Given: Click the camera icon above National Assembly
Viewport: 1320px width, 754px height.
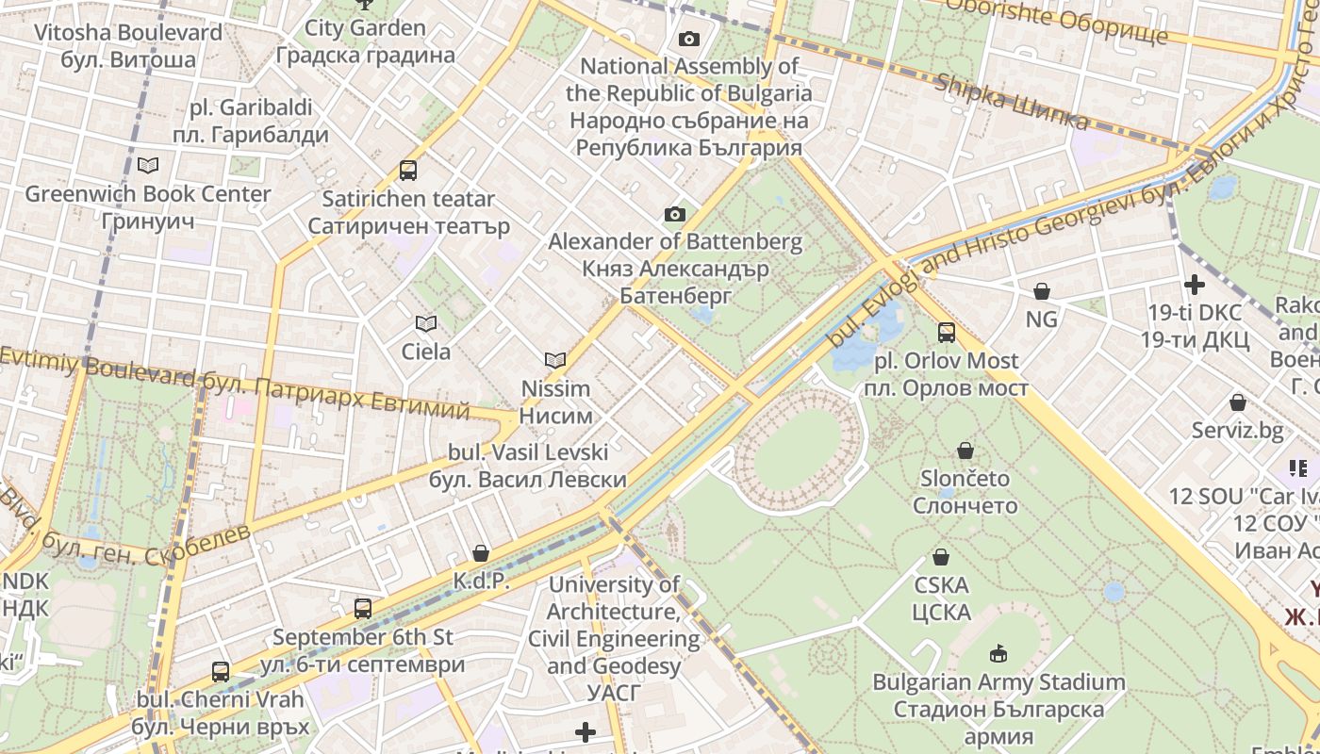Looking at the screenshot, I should pyautogui.click(x=689, y=39).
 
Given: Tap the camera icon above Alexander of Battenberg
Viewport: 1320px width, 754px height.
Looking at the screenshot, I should pyautogui.click(x=675, y=214).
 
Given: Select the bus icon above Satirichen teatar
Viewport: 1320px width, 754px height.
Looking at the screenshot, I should pyautogui.click(x=408, y=171).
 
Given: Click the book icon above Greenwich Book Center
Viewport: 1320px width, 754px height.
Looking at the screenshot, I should pyautogui.click(x=148, y=165).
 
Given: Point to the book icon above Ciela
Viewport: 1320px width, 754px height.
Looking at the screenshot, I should pyautogui.click(x=426, y=324).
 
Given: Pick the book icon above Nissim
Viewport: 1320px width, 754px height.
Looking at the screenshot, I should pyautogui.click(x=556, y=360).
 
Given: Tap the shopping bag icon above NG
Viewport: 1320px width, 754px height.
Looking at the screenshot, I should pyautogui.click(x=1042, y=291).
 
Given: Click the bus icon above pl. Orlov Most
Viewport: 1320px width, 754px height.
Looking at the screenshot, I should pyautogui.click(x=947, y=333).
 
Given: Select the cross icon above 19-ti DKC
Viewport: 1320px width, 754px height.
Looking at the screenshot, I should pyautogui.click(x=1195, y=284).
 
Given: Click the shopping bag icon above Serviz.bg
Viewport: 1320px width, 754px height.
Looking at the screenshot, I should pyautogui.click(x=1238, y=402).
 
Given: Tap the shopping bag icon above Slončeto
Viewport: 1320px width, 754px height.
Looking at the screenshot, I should pyautogui.click(x=965, y=451).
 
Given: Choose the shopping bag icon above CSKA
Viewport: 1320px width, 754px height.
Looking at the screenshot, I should pyautogui.click(x=941, y=557).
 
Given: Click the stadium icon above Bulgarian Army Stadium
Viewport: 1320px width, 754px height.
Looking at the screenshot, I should pyautogui.click(x=998, y=653).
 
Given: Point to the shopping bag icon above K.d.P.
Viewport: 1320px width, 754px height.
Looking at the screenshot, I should pyautogui.click(x=481, y=552).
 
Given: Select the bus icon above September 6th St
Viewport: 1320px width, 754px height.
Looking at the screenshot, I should pyautogui.click(x=363, y=609).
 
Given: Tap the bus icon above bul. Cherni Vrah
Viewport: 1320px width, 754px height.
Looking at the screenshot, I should pyautogui.click(x=221, y=672).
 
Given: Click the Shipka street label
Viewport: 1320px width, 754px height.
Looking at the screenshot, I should pyautogui.click(x=1011, y=102).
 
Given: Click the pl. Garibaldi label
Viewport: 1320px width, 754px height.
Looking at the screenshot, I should pyautogui.click(x=251, y=121).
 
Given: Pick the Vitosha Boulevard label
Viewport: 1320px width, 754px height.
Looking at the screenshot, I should pyautogui.click(x=128, y=45).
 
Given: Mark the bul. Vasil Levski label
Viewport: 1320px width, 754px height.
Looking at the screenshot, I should pyautogui.click(x=528, y=466).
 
